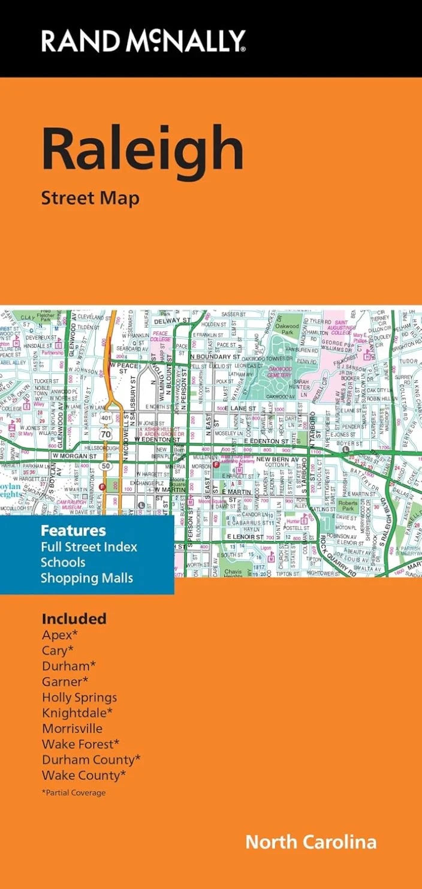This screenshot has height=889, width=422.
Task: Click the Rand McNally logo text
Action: pos(143,41)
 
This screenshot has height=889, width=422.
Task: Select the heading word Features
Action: pos(73,530)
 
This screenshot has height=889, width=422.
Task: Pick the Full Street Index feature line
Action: pos(89,546)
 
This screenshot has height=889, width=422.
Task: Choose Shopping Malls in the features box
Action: pos(86,578)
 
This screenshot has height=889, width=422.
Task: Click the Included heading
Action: pos(74,618)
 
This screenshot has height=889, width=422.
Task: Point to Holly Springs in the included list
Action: pos(79,697)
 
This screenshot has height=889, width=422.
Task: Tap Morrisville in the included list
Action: pos(72,728)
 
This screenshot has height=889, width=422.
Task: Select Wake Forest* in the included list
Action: pos(80,744)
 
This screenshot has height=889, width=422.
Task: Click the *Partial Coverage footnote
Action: pos(73,792)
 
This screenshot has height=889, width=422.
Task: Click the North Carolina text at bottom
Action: pos(311,842)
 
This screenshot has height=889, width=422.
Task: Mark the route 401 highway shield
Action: pos(106,416)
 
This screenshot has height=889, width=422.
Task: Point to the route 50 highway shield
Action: pos(106,465)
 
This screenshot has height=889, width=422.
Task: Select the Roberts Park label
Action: pos(348,506)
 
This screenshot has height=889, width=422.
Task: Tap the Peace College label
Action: pos(160,336)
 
